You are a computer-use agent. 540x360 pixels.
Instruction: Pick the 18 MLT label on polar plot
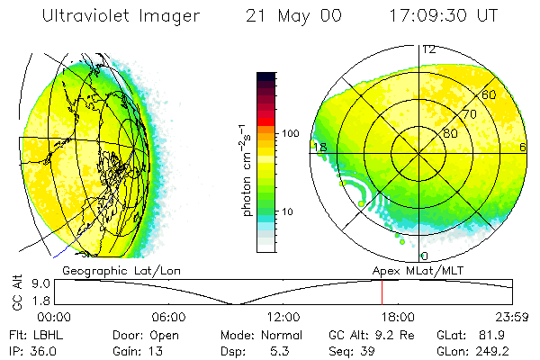click(318, 147)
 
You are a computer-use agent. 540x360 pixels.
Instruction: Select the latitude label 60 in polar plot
click(490, 94)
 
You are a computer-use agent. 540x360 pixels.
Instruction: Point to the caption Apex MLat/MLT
click(415, 269)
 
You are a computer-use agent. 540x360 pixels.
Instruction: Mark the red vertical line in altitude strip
click(382, 292)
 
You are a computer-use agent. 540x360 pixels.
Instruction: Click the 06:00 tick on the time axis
click(168, 317)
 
